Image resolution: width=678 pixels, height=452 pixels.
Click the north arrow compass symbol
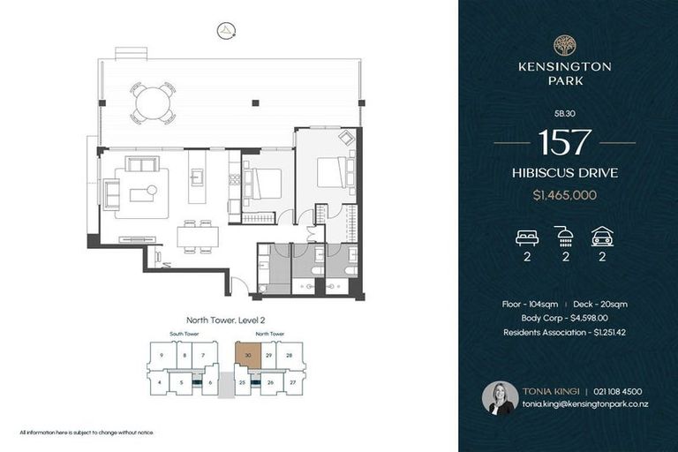(x=228, y=30)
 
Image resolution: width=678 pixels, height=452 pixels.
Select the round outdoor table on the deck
(x=154, y=102)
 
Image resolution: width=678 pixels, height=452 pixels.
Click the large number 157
(x=564, y=141)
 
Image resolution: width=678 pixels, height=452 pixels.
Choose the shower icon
(x=564, y=237)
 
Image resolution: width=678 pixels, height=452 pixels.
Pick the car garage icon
(x=603, y=237)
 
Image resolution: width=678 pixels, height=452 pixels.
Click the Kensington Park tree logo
(x=564, y=45)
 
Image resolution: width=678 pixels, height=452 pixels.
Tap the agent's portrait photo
(x=500, y=398)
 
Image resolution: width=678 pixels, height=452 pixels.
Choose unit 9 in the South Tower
(x=161, y=356)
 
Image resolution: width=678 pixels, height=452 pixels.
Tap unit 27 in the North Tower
(x=290, y=383)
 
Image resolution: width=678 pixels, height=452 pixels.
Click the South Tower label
(x=184, y=335)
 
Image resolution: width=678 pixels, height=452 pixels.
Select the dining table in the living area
(x=198, y=237)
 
